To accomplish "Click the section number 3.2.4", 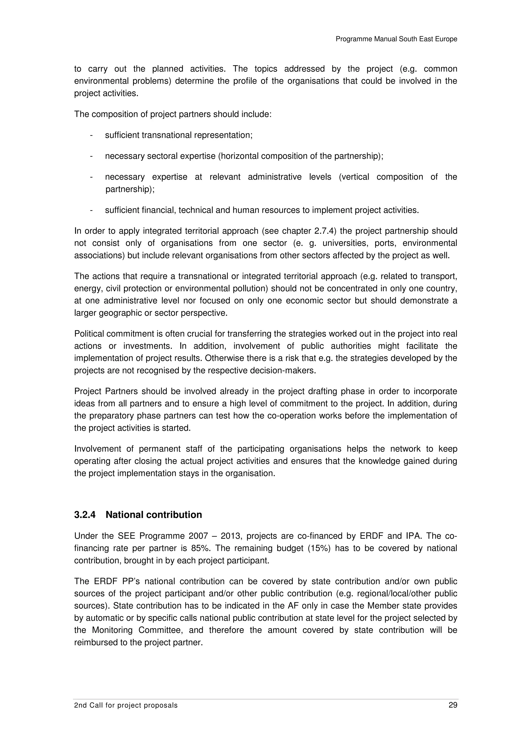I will point(85,515).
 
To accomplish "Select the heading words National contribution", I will point(154,515).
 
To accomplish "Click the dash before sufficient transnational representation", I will point(91,136).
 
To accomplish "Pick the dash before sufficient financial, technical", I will point(91,210).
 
